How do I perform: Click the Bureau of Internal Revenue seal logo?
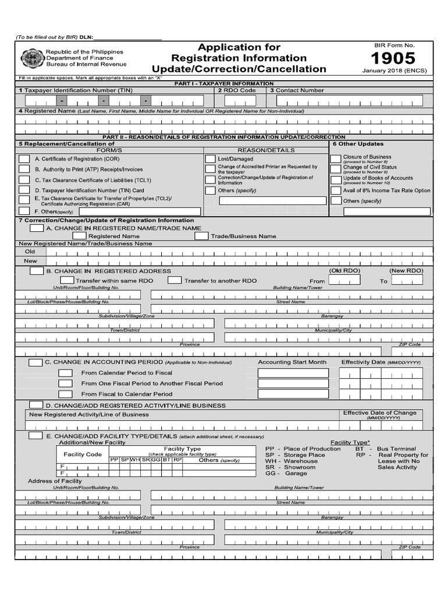tap(31, 59)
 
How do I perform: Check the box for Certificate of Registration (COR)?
tap(24, 159)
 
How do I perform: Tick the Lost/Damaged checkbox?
tap(210, 159)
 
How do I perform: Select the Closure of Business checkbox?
tap(335, 159)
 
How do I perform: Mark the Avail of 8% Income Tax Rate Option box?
tap(335, 191)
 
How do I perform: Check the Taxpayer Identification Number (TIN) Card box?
tap(24, 190)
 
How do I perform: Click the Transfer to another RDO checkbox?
tap(175, 281)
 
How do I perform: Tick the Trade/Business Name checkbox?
tap(201, 236)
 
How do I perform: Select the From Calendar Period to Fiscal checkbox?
tap(66, 372)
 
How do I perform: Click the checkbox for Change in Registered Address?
tap(36, 271)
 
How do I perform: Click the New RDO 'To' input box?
tap(407, 281)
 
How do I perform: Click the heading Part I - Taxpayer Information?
tap(223, 84)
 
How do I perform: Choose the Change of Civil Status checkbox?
tap(335, 169)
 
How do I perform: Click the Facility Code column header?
tap(82, 454)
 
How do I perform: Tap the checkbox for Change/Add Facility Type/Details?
tap(36, 436)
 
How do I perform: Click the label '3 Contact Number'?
tap(297, 91)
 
